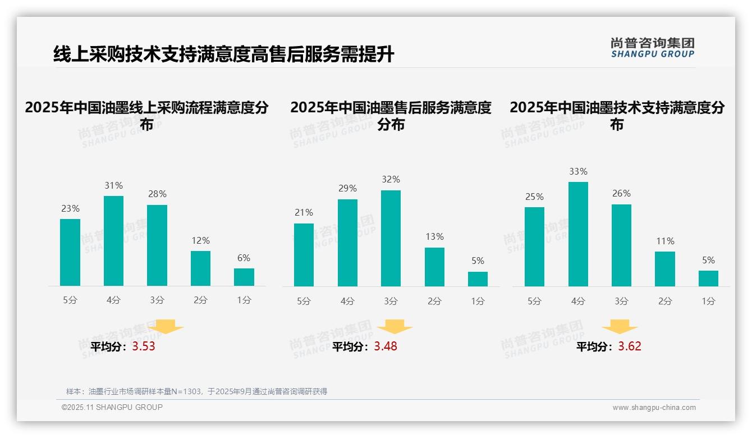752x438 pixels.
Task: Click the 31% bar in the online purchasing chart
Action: (x=113, y=241)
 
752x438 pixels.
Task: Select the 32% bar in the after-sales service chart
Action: (x=391, y=239)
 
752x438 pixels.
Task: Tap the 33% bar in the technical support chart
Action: (x=578, y=234)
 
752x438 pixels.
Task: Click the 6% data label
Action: (x=244, y=258)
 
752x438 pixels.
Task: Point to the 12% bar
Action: (x=200, y=268)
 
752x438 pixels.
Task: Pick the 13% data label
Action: (x=434, y=237)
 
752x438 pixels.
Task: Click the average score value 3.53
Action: (x=144, y=346)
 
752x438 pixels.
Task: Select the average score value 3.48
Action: (x=386, y=346)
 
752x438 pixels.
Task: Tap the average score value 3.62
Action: (x=630, y=346)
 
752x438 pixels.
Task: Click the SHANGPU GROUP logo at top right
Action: (x=652, y=48)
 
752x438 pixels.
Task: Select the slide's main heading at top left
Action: (x=223, y=54)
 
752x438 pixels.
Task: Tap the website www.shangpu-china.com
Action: (x=654, y=408)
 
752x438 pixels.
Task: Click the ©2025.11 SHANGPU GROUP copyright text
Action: (x=112, y=407)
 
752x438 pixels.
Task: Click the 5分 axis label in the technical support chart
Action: (x=534, y=302)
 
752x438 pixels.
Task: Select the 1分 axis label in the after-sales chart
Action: (x=478, y=302)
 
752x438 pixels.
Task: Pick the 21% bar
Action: (x=304, y=255)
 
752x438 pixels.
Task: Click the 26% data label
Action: (x=621, y=194)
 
